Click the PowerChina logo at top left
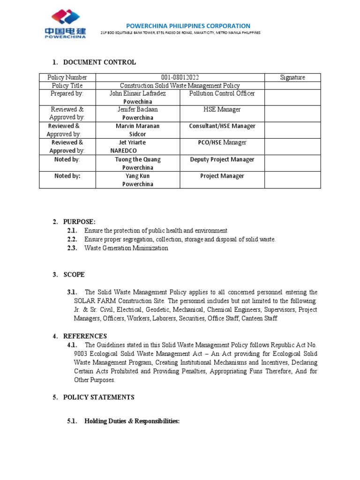(x=65, y=24)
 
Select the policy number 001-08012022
(x=180, y=77)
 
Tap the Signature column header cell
(x=292, y=77)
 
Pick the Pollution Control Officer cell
(x=222, y=93)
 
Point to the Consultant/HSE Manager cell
(x=222, y=126)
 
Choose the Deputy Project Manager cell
(x=222, y=159)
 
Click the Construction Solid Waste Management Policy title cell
(x=180, y=85)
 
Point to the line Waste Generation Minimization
(x=126, y=248)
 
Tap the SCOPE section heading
(x=74, y=274)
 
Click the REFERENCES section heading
(x=85, y=336)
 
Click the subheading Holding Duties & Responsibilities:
(x=132, y=421)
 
